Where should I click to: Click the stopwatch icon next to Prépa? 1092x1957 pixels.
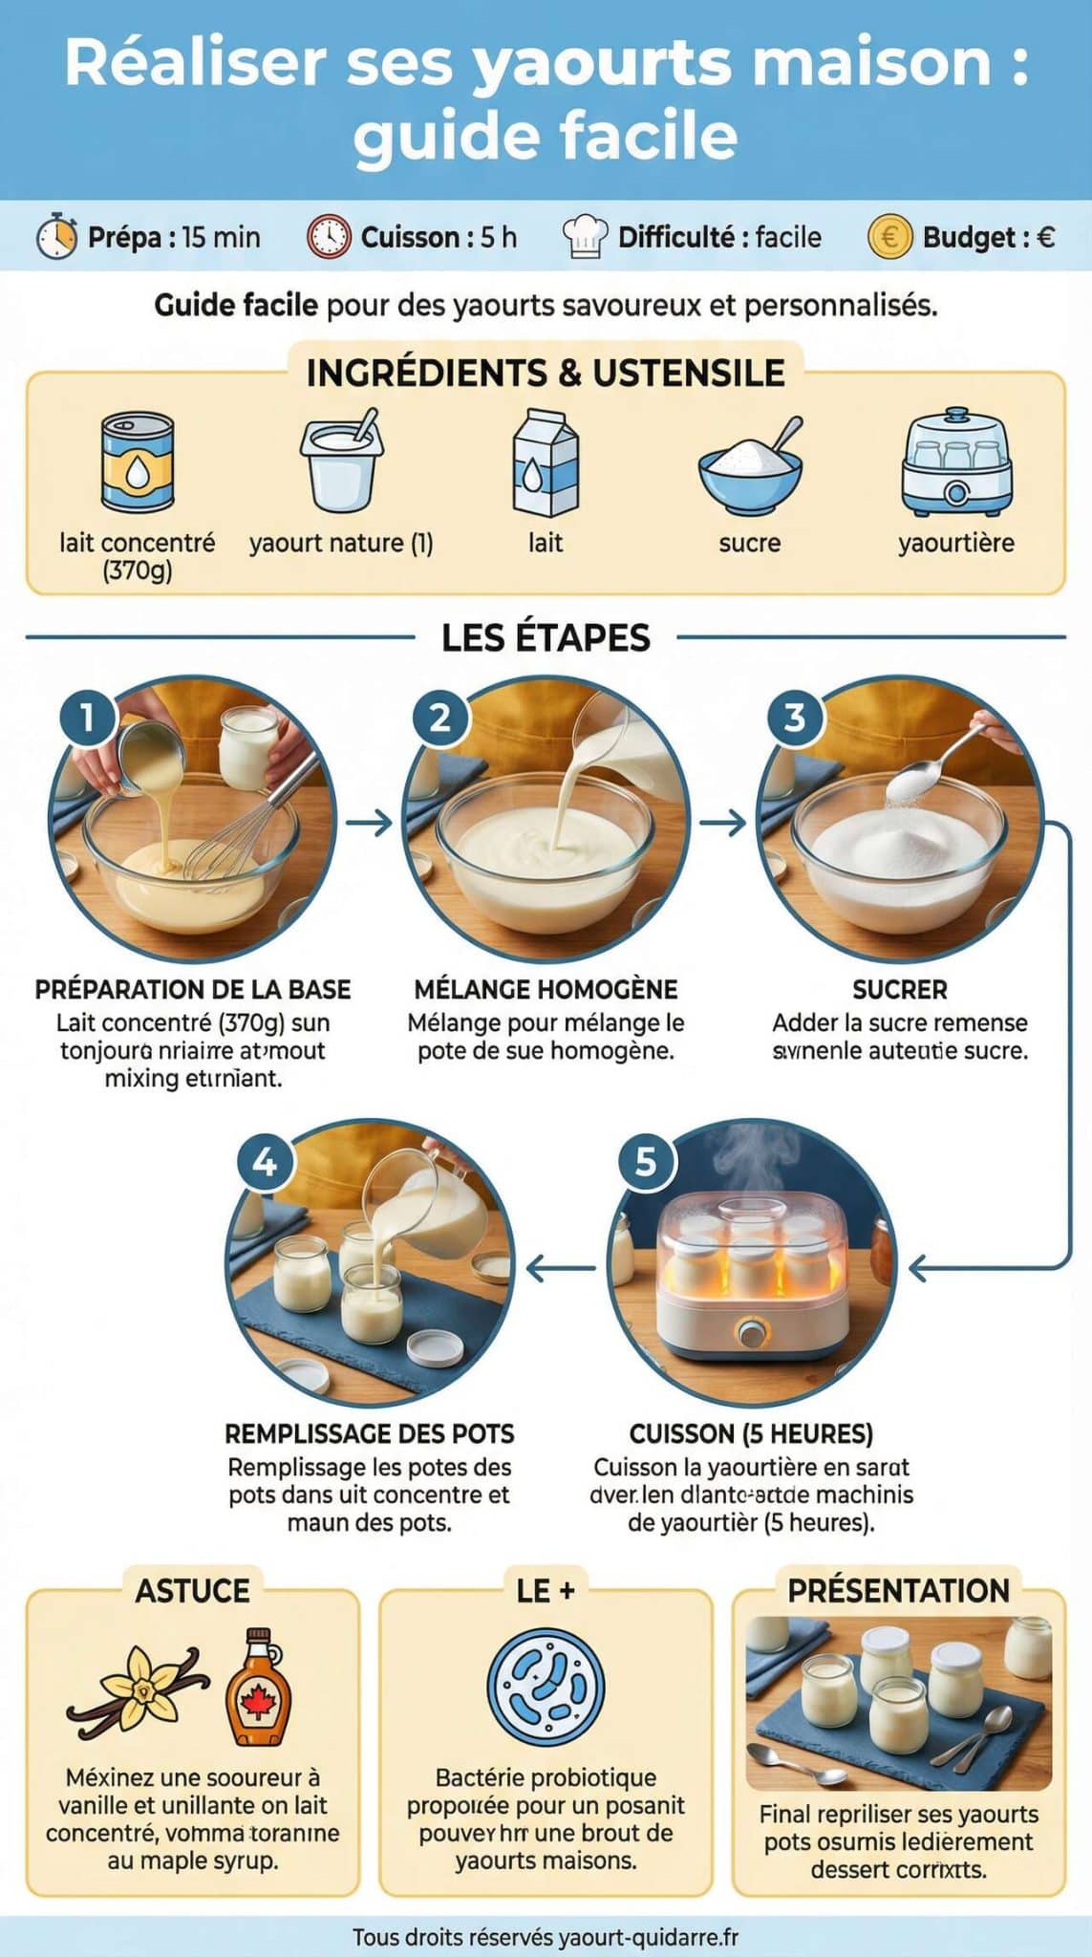(56, 236)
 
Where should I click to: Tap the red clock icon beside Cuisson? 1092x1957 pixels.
(328, 236)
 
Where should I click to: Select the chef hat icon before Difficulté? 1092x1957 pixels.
(584, 236)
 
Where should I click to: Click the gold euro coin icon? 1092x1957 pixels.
(889, 236)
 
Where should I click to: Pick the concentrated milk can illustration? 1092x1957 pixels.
(138, 462)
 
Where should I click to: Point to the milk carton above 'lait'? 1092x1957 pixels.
(546, 462)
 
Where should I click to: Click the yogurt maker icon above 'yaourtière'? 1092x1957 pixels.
(956, 462)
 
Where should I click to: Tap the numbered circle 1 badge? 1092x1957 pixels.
(87, 717)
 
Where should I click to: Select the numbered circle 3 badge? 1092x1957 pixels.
(794, 717)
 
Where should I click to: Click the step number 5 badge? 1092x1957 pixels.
(646, 1161)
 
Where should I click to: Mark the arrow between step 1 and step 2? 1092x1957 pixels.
(370, 822)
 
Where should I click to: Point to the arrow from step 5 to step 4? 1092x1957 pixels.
(561, 1269)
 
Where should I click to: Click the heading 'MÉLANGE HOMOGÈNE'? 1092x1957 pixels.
(546, 989)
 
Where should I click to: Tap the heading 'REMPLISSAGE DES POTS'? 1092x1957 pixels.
(369, 1433)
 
